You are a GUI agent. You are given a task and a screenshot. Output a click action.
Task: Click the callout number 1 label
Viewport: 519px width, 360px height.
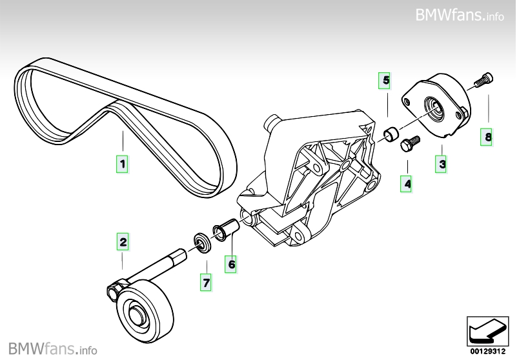pos(121,164)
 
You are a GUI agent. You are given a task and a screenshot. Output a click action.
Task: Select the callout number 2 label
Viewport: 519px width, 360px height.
pos(122,243)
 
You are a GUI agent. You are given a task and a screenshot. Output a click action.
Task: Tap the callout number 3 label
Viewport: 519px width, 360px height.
pos(442,165)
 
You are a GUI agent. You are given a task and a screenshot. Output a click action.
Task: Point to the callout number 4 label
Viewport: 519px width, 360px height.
pos(407,185)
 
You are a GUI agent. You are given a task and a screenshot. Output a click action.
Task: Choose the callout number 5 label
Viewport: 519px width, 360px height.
pos(385,81)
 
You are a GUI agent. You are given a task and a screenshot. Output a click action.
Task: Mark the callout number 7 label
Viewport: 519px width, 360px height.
pos(206,283)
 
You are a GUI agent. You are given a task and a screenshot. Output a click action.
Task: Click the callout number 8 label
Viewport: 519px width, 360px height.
pos(488,137)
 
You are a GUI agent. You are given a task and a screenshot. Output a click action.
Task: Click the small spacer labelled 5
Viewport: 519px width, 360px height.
pos(391,134)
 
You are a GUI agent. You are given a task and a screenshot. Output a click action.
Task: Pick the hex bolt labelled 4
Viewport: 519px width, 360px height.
pos(409,143)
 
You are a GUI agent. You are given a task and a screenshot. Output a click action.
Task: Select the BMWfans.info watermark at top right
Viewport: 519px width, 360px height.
pos(459,15)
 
